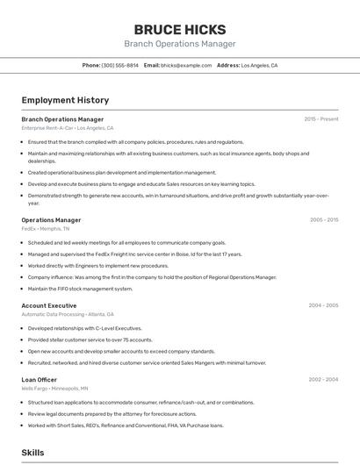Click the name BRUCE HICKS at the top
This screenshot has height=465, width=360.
[179, 29]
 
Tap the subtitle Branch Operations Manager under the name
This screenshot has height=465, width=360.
[179, 44]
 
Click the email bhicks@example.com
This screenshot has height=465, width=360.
[186, 66]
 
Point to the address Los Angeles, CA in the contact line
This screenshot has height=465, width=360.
[259, 66]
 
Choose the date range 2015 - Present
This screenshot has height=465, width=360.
[321, 119]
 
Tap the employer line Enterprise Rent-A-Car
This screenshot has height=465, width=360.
[67, 128]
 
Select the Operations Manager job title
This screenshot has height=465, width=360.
[51, 220]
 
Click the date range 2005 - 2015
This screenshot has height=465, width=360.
[324, 220]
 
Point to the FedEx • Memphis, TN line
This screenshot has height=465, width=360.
[46, 229]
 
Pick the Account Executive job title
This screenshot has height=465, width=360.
[49, 305]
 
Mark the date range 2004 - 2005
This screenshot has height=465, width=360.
[323, 305]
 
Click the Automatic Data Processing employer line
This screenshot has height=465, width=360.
[68, 314]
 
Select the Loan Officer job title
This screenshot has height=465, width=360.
[40, 379]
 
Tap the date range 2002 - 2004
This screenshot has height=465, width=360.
[323, 379]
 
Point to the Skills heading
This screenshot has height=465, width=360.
[32, 452]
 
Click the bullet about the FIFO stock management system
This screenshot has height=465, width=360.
[80, 289]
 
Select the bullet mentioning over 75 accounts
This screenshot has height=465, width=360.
[90, 340]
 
